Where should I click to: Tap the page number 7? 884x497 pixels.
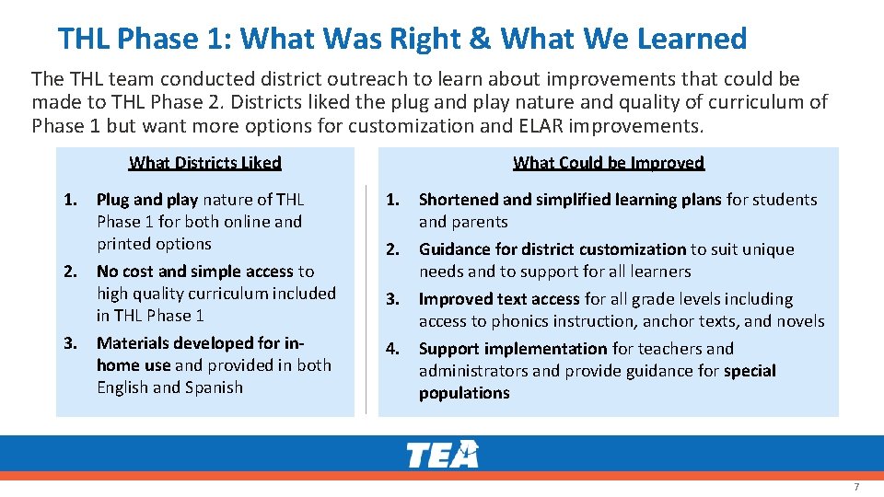point(856,486)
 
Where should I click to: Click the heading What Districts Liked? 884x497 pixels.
point(204,163)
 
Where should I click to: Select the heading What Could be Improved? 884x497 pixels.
point(609,163)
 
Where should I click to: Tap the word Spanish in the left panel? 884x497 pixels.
point(214,387)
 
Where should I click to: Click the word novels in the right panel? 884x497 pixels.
point(800,321)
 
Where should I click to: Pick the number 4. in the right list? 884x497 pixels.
point(392,349)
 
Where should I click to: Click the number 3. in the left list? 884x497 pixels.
point(70,343)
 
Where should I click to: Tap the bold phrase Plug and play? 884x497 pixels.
point(147,200)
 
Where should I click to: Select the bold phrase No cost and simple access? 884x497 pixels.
point(195,272)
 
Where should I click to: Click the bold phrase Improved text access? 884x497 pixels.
point(499,299)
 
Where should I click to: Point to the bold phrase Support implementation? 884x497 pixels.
point(513,349)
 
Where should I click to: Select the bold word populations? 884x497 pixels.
point(464,393)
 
